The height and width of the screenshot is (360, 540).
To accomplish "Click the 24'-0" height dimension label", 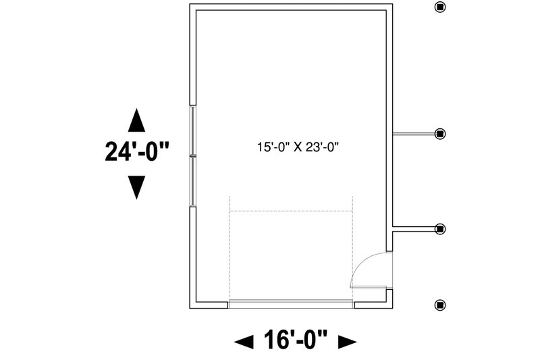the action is [137, 151].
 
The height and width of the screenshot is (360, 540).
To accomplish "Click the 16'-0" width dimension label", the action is [296, 340].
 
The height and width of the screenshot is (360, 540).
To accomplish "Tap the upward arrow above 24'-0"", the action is [136, 120].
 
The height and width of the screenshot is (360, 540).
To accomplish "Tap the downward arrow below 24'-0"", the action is [136, 187].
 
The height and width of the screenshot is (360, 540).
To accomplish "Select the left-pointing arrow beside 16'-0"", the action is [244, 342].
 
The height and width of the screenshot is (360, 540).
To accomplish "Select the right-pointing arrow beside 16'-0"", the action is [347, 342].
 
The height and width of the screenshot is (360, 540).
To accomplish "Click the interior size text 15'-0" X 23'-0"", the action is [298, 147].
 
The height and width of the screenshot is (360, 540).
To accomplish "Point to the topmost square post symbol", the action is [440, 7].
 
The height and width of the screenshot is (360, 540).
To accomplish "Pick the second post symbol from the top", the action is [440, 134].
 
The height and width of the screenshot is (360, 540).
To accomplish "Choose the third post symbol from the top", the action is [440, 229].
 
